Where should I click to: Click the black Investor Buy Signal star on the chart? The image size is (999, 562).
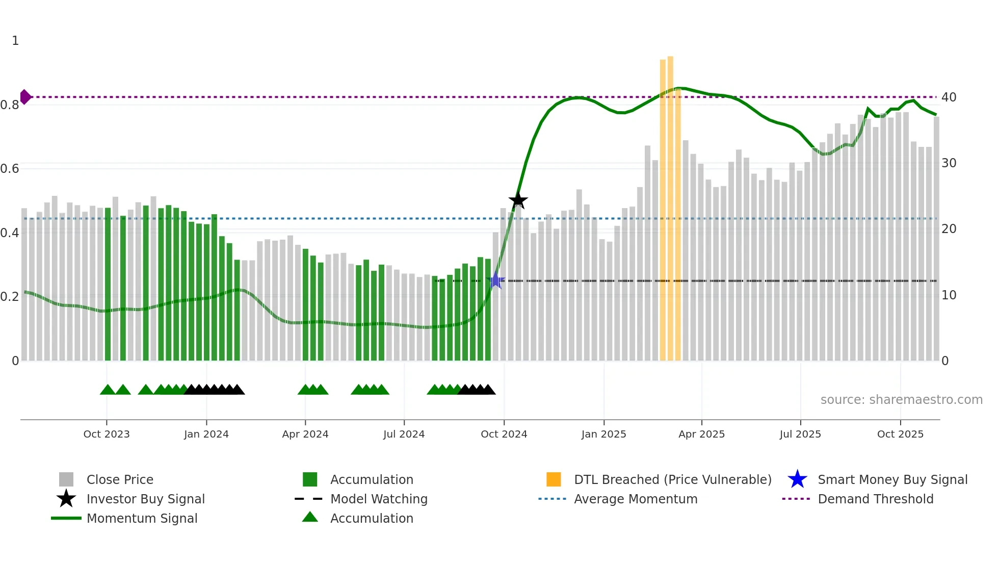click(518, 200)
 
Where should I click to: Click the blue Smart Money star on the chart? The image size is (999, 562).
click(495, 280)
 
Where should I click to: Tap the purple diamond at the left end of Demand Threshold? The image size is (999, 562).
click(25, 96)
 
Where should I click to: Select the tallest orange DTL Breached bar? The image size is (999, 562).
click(670, 204)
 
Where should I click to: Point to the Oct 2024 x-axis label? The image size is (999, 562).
click(504, 434)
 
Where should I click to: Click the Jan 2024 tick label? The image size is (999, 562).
click(206, 434)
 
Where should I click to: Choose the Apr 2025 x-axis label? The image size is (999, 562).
click(701, 434)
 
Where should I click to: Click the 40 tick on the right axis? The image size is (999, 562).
click(949, 97)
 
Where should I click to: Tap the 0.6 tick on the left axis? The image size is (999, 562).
click(10, 168)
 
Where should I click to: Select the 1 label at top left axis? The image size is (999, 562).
click(15, 41)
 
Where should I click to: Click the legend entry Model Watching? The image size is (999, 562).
click(379, 499)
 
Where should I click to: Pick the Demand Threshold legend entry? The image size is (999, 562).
click(875, 499)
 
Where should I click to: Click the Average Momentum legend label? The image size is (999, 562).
click(636, 499)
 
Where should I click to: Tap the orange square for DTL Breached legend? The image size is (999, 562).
click(554, 479)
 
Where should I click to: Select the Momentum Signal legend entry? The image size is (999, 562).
click(142, 518)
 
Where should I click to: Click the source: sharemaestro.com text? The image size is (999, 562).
click(901, 399)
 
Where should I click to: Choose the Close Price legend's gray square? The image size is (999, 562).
click(66, 479)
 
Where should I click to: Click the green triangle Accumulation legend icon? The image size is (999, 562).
click(310, 517)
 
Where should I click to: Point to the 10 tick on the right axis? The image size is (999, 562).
click(949, 295)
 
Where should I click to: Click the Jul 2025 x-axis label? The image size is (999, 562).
click(800, 434)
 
